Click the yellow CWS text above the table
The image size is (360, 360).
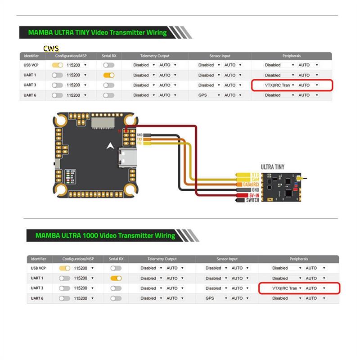click(x=51, y=48)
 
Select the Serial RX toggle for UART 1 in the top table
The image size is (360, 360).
click(x=108, y=75)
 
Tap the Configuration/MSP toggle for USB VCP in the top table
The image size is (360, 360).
click(x=57, y=65)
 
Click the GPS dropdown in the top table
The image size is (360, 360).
click(x=209, y=95)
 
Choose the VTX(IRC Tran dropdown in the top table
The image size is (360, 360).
click(x=274, y=85)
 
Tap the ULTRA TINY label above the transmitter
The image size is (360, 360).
click(x=273, y=167)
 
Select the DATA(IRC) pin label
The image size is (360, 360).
click(x=248, y=184)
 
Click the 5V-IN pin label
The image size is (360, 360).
click(x=252, y=195)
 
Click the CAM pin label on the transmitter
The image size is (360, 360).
click(x=255, y=180)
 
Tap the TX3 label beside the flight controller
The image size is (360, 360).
click(x=139, y=139)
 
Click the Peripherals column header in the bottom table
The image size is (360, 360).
click(x=299, y=259)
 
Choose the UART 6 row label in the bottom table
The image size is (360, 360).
click(x=37, y=298)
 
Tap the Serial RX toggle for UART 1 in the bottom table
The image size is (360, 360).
click(x=116, y=278)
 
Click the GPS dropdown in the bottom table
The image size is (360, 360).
click(x=216, y=298)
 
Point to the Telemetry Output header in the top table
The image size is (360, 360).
click(x=154, y=56)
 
